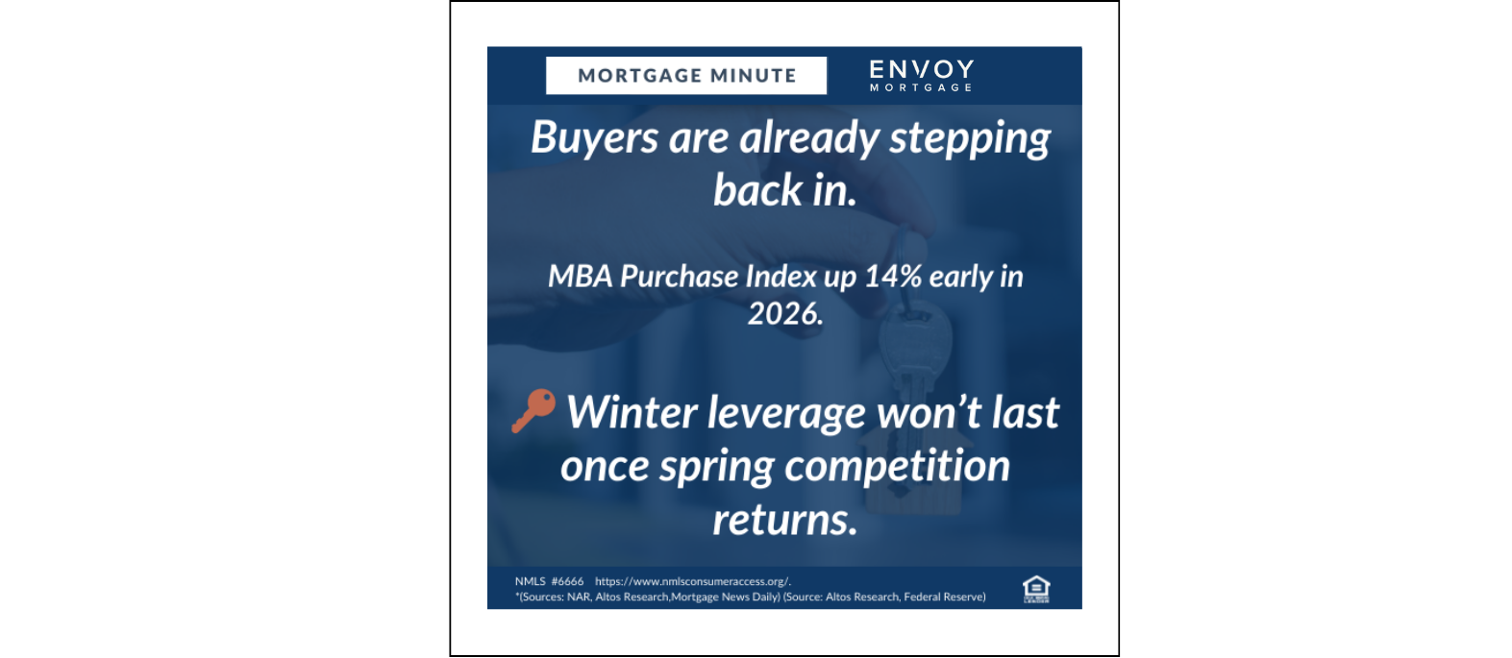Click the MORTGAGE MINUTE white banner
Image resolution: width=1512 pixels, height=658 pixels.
pyautogui.click(x=685, y=76)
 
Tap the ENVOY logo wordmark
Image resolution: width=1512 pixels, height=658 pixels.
pyautogui.click(x=922, y=69)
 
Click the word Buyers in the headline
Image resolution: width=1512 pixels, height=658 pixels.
pyautogui.click(x=594, y=138)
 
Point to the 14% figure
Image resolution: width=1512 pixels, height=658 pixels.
pyautogui.click(x=893, y=277)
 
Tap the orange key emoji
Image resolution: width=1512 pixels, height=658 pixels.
pyautogui.click(x=533, y=410)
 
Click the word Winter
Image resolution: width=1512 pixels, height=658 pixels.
pyautogui.click(x=632, y=412)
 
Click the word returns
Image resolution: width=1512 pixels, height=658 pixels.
pyautogui.click(x=785, y=521)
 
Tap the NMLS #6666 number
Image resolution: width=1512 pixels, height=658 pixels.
pyautogui.click(x=549, y=581)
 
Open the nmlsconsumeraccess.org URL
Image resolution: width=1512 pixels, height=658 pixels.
pyautogui.click(x=692, y=581)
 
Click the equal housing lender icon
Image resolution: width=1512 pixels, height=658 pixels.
pyautogui.click(x=1036, y=589)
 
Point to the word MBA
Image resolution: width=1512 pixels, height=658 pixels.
pyautogui.click(x=581, y=277)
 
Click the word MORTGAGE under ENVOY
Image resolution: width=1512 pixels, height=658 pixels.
pyautogui.click(x=922, y=87)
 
